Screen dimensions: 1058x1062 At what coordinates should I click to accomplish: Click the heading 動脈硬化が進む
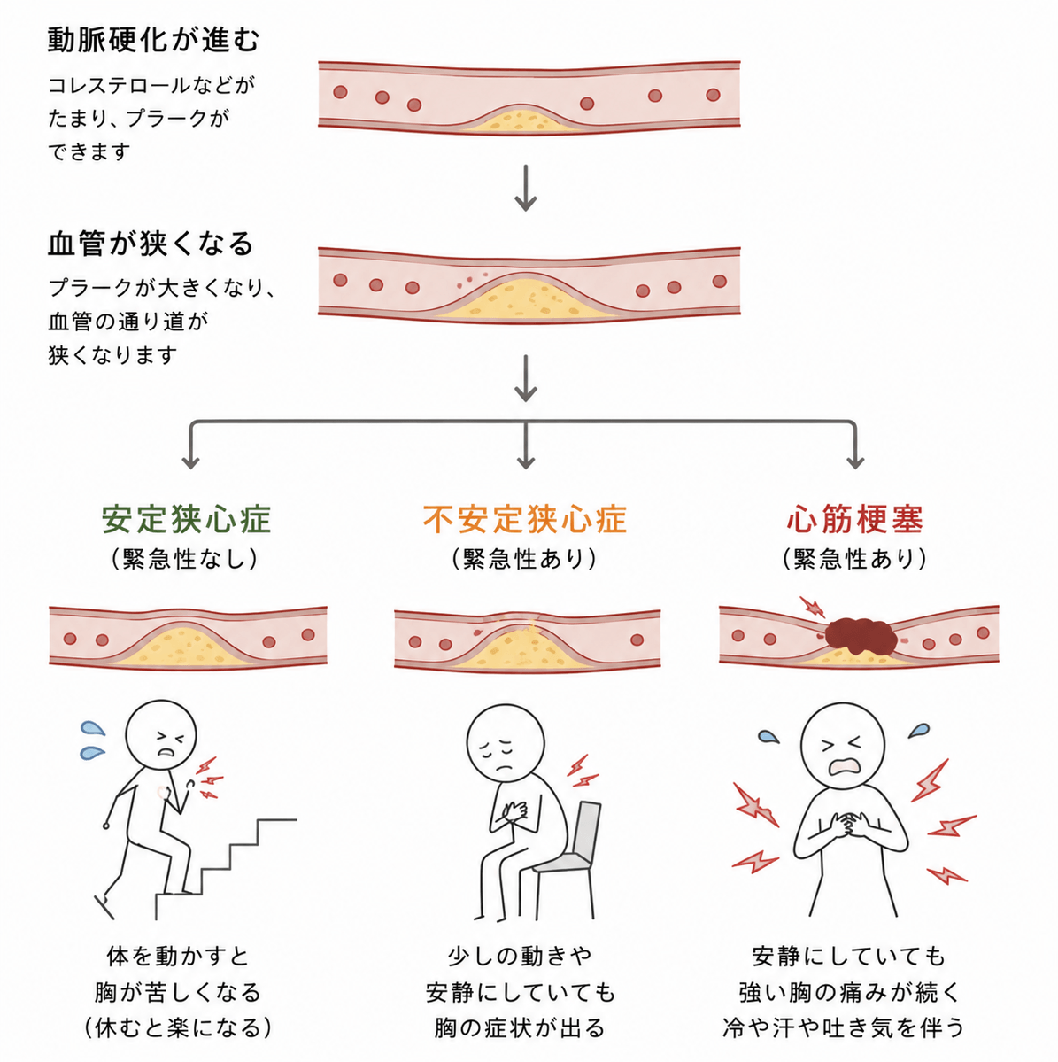(154, 40)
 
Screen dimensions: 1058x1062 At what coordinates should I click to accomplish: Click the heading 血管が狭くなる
(151, 244)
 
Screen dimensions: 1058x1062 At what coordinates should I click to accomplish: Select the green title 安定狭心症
(186, 520)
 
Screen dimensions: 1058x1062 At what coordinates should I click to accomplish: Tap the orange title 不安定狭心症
(525, 520)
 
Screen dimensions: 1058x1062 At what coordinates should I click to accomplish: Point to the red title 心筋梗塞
(855, 520)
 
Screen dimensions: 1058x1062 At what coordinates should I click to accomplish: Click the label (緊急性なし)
(185, 559)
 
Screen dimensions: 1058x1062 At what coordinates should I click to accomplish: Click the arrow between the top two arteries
(526, 188)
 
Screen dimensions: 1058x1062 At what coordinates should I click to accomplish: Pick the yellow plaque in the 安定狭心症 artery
(185, 647)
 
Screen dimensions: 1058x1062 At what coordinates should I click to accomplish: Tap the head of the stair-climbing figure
(161, 735)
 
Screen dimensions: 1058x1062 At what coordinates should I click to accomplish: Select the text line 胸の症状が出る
(520, 1028)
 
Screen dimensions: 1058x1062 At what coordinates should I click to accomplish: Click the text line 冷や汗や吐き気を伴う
(844, 1028)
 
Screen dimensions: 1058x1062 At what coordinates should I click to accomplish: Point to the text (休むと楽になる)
(179, 1028)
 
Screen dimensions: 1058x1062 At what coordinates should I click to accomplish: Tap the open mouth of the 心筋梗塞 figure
(843, 765)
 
